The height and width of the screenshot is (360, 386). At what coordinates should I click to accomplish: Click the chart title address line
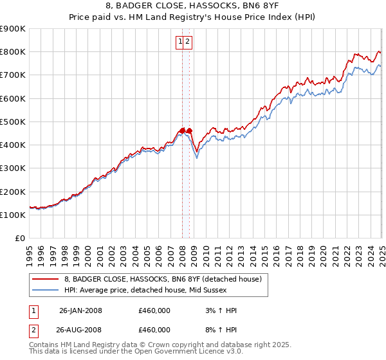point(192,7)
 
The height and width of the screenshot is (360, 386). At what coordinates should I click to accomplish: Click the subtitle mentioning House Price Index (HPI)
point(192,18)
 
